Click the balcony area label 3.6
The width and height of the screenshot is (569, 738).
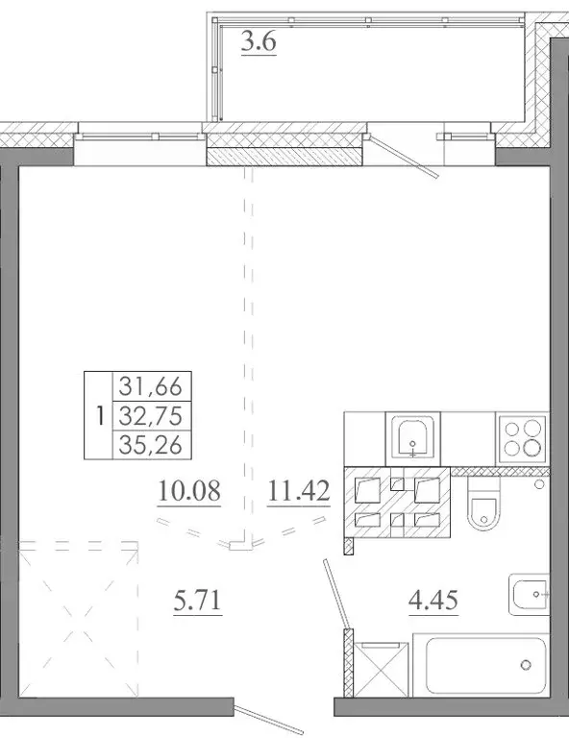257,43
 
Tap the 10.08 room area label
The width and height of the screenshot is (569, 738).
188,493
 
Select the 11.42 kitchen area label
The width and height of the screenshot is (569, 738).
299,493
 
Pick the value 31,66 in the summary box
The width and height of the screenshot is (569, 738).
152,387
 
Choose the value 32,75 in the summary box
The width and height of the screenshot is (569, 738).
152,415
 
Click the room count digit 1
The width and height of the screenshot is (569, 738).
100,416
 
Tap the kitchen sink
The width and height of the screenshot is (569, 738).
414,438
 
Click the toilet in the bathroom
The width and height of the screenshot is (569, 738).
482,510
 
